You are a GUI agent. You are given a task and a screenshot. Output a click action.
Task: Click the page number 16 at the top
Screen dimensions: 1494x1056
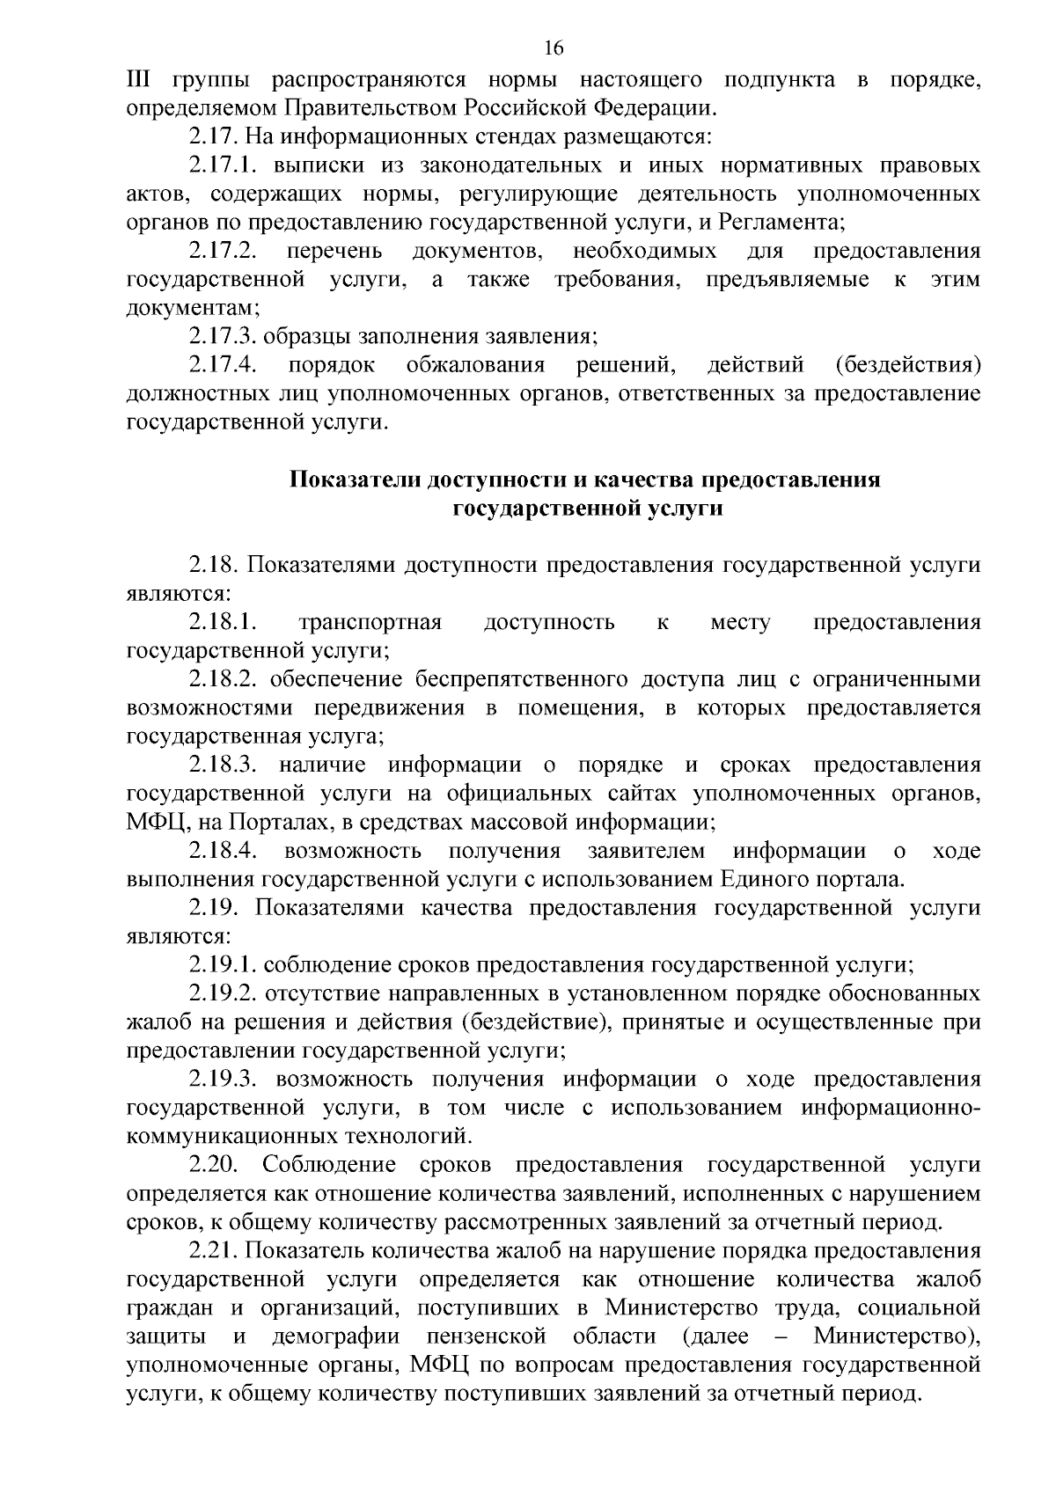[x=554, y=48]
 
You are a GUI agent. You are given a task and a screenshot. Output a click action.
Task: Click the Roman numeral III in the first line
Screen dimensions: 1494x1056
[x=139, y=80]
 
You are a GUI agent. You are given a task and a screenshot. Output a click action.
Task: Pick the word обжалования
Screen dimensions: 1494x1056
[x=476, y=364]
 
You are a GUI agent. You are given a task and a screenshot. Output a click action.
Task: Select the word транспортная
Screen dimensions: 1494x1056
[x=370, y=623]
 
